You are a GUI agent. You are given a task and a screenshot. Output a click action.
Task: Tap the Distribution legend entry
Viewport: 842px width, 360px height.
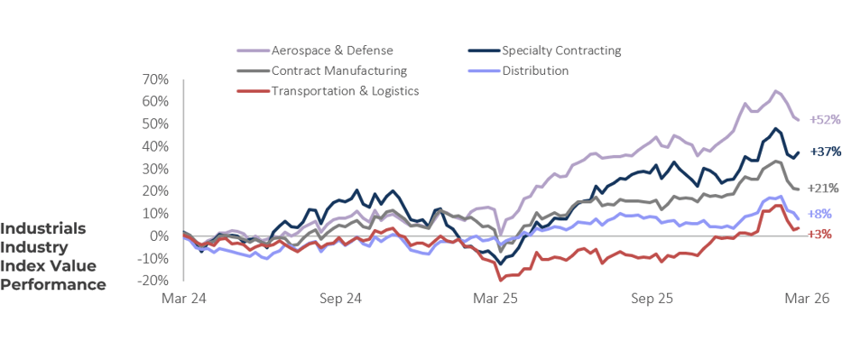click(535, 70)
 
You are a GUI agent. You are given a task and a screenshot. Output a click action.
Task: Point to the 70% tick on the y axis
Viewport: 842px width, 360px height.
click(155, 79)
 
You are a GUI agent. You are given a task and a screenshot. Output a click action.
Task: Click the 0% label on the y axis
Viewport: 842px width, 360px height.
click(160, 236)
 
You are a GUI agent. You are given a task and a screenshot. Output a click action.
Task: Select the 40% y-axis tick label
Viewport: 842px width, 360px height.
click(155, 146)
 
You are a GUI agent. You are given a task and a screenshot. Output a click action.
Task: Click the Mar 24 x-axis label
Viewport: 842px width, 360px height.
click(183, 298)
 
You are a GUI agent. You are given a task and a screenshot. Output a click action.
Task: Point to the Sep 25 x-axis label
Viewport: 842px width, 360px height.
click(653, 298)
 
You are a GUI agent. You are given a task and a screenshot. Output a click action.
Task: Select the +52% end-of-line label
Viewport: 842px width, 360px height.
click(825, 119)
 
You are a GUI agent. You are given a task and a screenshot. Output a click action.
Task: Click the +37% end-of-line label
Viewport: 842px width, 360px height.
click(825, 152)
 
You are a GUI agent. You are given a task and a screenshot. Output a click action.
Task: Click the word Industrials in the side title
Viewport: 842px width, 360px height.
click(44, 228)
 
